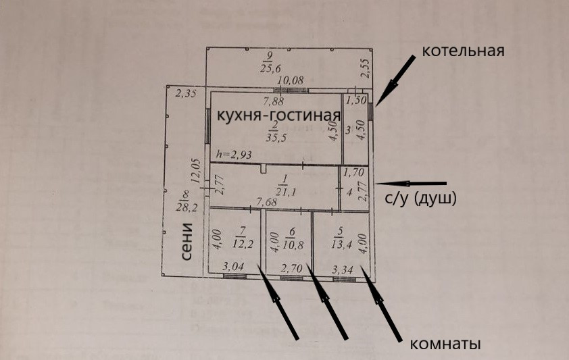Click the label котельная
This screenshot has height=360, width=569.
point(464,51)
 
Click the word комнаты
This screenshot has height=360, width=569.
point(445,344)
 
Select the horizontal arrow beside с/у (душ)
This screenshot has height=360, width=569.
point(412,183)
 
